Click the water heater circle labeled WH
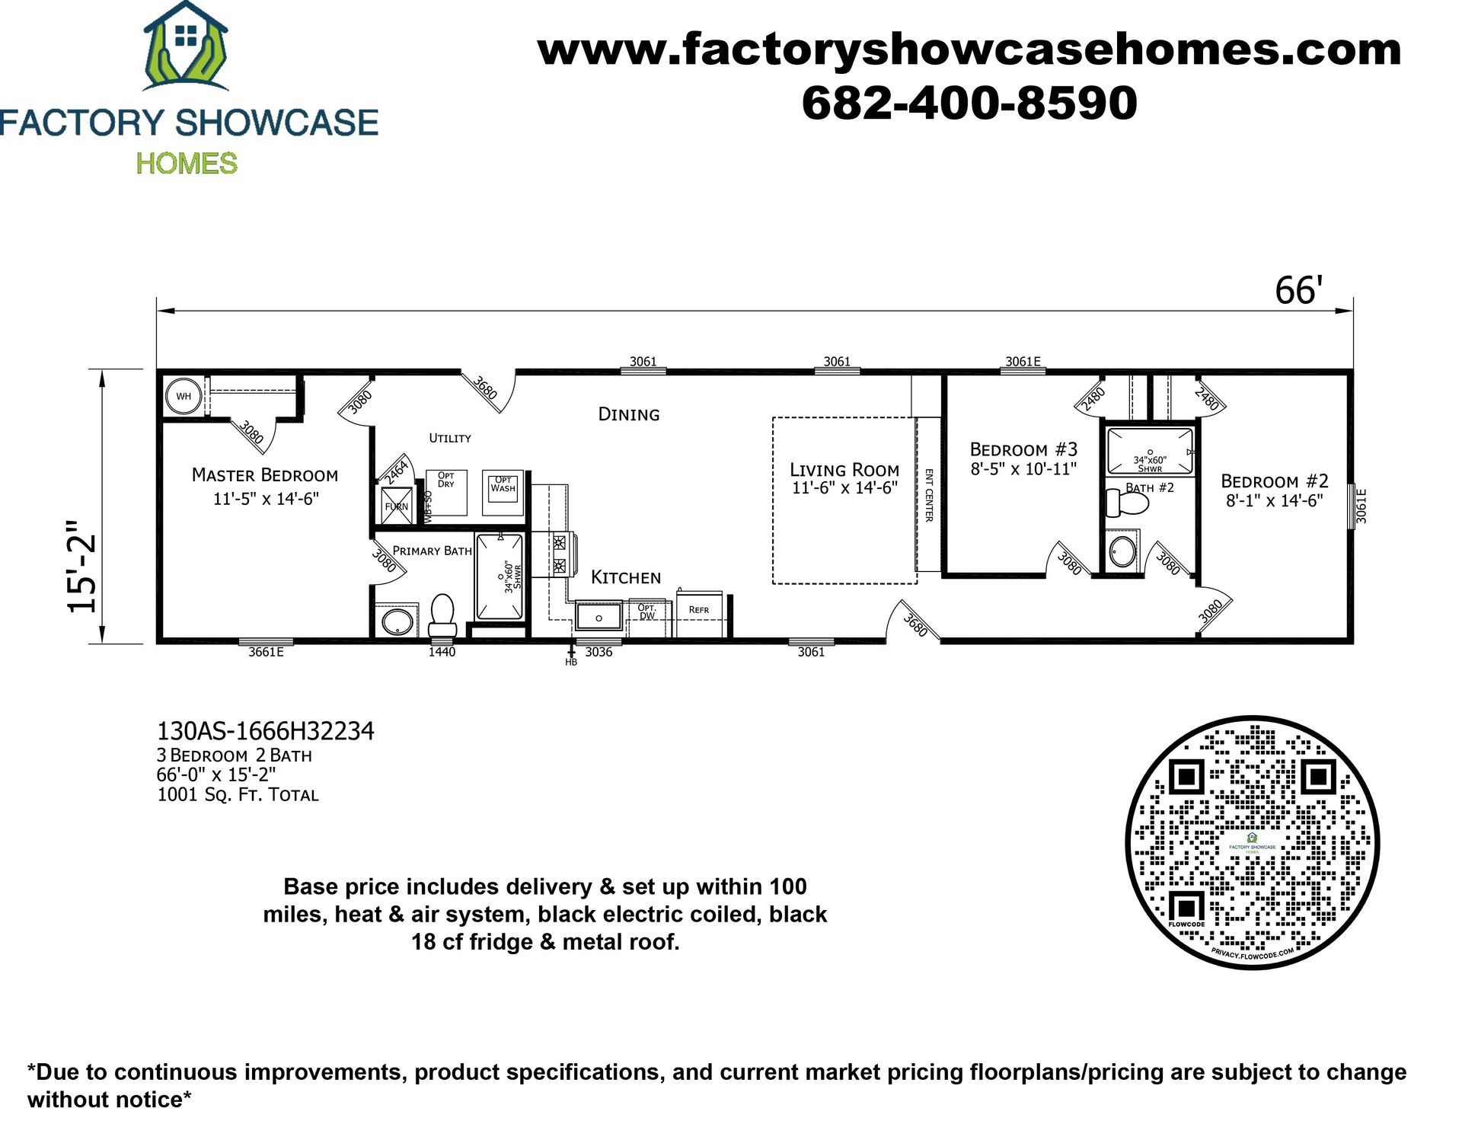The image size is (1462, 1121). [x=184, y=396]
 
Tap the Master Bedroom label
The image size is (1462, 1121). [x=265, y=475]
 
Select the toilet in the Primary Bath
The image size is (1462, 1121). [x=442, y=614]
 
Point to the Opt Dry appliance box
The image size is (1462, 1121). [x=446, y=492]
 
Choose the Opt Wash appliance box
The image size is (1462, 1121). [x=503, y=492]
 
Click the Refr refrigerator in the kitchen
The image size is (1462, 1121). [x=699, y=613]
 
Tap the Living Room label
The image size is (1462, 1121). [x=844, y=470]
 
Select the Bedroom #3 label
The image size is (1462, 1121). [x=1023, y=449]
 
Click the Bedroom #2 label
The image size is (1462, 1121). [x=1274, y=481]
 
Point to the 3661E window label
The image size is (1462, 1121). [x=266, y=652]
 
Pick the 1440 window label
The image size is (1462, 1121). [x=442, y=652]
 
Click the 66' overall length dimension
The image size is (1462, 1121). [x=1298, y=291]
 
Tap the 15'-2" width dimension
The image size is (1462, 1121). [x=82, y=567]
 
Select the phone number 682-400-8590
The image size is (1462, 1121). [x=969, y=103]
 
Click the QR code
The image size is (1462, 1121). [x=1253, y=842]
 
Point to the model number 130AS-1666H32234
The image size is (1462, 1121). [x=265, y=731]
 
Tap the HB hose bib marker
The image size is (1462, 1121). [x=571, y=656]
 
